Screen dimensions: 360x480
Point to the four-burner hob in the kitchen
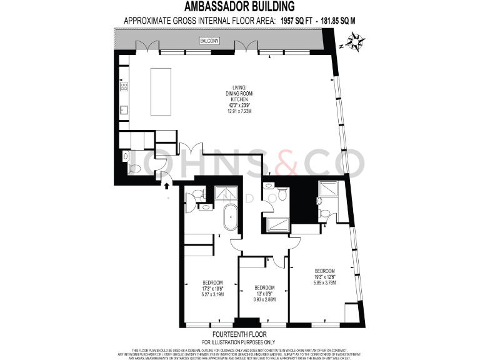124,86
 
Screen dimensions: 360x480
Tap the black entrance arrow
167,184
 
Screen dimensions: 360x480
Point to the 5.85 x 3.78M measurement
325,282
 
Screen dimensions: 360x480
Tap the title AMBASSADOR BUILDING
240,7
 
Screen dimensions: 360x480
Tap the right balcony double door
245,47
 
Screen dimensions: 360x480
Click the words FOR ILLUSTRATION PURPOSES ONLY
241,342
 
